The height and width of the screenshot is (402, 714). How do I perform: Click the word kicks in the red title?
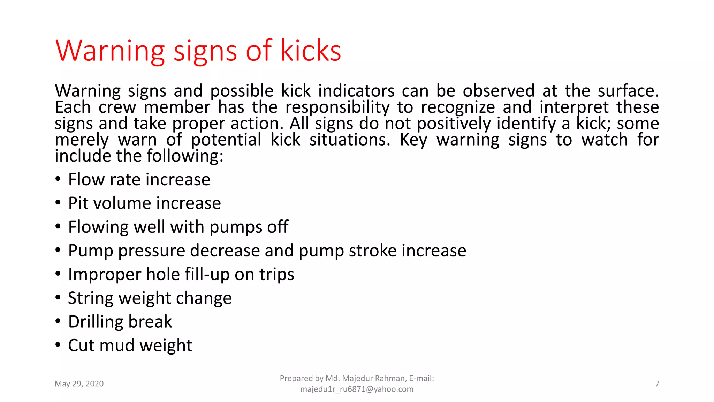coord(311,51)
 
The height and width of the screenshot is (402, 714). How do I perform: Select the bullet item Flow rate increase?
coord(139,180)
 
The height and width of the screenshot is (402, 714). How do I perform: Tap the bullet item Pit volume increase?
coord(144,203)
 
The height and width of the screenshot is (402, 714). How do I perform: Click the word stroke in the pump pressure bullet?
coord(373,251)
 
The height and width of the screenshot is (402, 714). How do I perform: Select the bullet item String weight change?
coord(150,298)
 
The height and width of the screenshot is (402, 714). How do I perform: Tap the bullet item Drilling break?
coord(120,322)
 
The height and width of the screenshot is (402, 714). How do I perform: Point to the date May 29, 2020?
coord(79,384)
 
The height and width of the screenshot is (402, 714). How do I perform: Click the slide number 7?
coord(657,384)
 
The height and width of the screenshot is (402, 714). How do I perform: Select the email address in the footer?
coord(357,389)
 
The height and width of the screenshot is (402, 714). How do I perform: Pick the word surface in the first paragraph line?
coord(628,91)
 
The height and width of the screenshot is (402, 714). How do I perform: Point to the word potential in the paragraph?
coord(226,140)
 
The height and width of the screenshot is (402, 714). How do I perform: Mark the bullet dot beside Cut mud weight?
coord(58,345)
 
